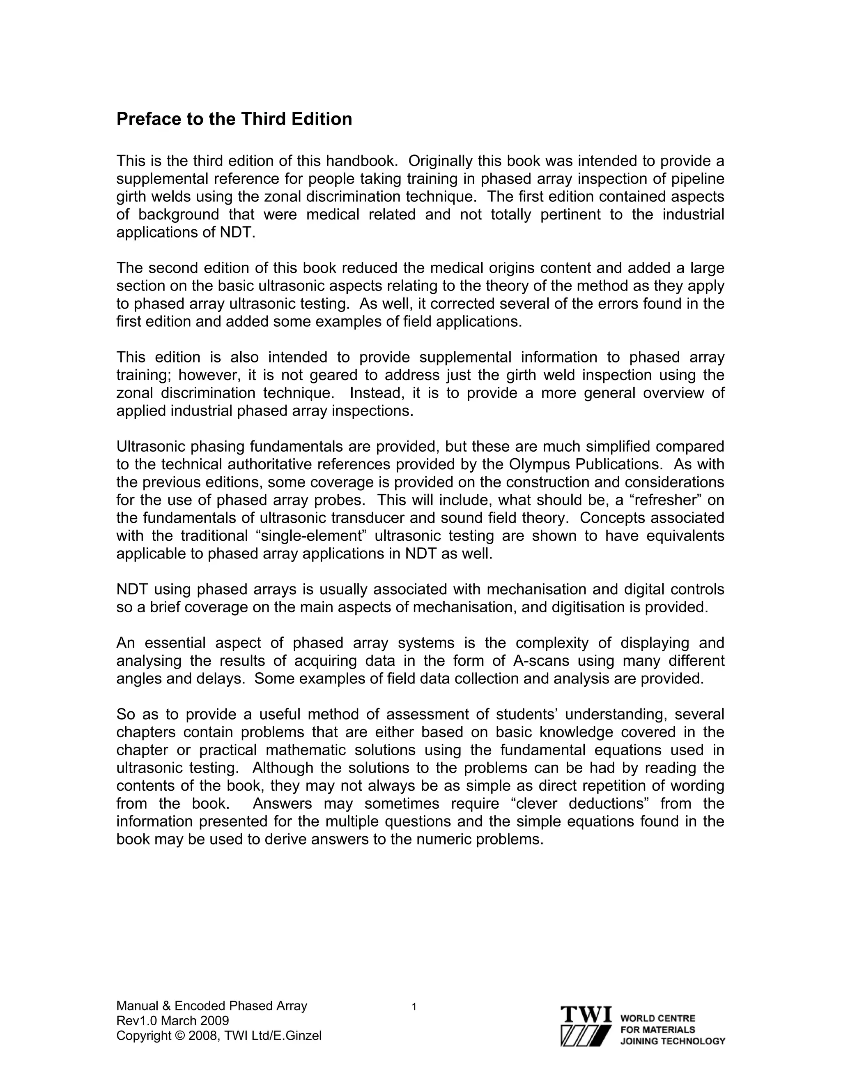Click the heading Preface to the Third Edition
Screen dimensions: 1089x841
[x=234, y=119]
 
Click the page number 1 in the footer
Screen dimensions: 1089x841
[x=414, y=1007]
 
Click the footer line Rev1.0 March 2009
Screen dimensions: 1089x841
[x=172, y=1021]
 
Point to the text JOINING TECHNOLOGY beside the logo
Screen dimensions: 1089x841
[x=673, y=1041]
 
